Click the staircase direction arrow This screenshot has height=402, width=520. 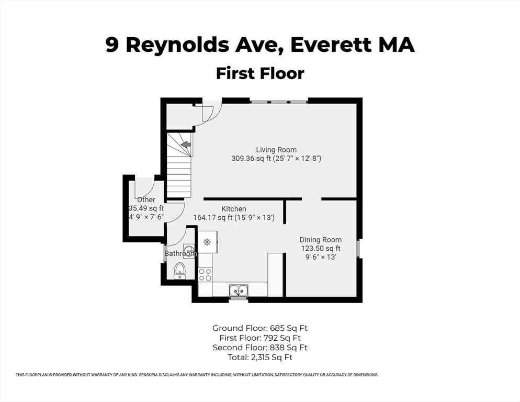tap(185, 144)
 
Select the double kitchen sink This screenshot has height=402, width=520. tap(239, 289)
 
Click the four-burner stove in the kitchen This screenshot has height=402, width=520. tap(205, 274)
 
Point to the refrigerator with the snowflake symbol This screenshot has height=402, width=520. tap(207, 242)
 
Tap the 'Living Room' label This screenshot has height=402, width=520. tap(276, 150)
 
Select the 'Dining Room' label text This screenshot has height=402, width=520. tap(321, 240)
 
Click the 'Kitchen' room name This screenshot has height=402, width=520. tap(233, 209)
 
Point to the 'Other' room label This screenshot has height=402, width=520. tap(146, 199)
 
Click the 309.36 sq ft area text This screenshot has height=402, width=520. tap(253, 158)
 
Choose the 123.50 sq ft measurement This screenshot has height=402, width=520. tap(320, 249)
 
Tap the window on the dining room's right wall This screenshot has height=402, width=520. tap(358, 248)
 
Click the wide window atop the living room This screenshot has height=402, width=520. tap(278, 101)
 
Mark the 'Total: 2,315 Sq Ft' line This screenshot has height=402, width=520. tap(259, 358)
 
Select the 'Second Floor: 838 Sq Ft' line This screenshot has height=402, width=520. tap(259, 348)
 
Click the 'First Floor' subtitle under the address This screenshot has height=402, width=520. tap(260, 73)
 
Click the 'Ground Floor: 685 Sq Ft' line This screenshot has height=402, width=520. tap(259, 328)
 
